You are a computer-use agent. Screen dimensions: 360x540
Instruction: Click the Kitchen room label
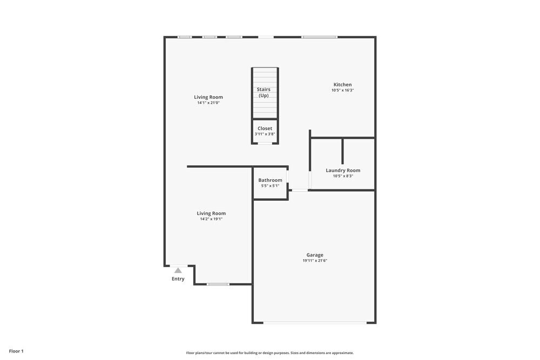342,85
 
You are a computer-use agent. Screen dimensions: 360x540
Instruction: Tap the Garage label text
315,255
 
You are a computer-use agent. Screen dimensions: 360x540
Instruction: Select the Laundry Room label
343,171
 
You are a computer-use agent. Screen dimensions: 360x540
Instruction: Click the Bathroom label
270,180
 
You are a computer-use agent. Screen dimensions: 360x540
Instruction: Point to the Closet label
265,128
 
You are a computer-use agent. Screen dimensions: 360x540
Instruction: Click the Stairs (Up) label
264,92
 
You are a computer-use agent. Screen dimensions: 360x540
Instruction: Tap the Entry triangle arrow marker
178,270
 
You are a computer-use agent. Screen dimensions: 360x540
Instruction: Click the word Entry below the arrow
178,279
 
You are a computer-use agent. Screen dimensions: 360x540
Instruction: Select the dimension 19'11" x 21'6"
315,261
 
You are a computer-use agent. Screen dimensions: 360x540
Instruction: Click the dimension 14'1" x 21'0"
208,103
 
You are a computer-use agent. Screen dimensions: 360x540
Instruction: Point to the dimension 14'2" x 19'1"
211,219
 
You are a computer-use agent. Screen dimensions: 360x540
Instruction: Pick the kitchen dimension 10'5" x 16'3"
342,90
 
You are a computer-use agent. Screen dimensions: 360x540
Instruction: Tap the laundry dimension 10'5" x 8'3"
343,176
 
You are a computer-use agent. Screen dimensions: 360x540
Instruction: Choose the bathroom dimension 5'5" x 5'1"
270,186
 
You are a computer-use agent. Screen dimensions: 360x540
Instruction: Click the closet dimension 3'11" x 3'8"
265,134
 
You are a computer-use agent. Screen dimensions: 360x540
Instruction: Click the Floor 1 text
16,351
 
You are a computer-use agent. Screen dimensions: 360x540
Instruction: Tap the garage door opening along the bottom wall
315,323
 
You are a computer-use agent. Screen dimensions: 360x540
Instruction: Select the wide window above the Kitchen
319,37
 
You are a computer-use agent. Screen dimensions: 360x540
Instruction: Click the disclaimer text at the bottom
269,352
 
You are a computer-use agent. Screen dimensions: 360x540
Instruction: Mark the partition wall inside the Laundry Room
342,151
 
